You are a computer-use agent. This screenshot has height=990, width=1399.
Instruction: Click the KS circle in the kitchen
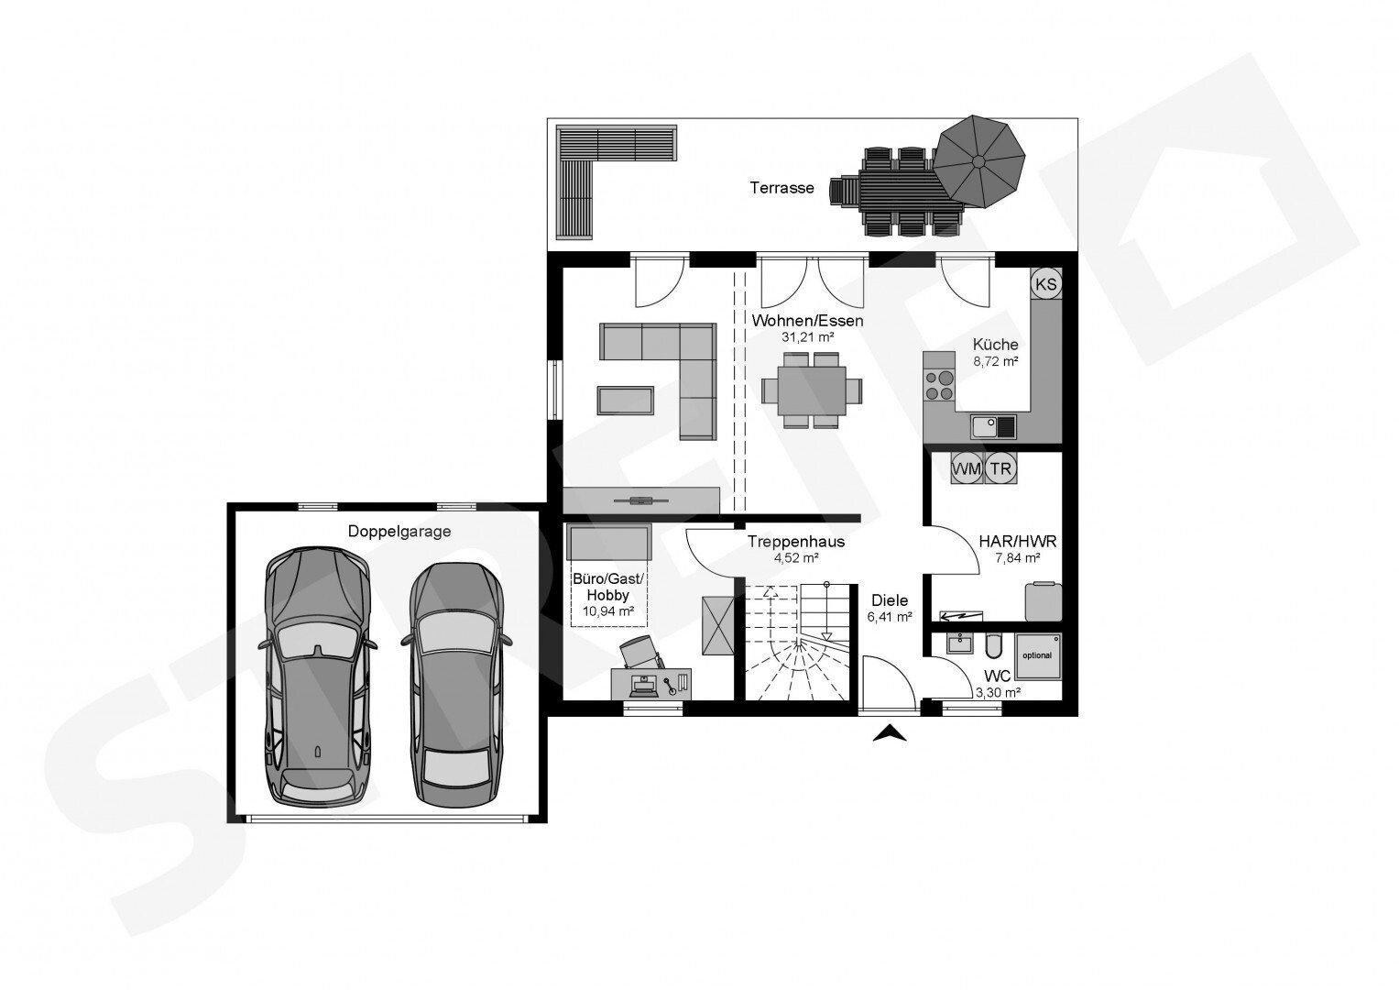[1045, 284]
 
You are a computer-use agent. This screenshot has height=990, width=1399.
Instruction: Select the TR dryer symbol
[1001, 468]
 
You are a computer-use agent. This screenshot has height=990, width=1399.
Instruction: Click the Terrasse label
[781, 188]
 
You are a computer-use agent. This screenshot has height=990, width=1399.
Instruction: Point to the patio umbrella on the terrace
[978, 160]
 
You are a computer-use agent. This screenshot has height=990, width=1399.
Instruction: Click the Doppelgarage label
[399, 531]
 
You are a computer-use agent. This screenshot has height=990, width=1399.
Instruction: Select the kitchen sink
[993, 425]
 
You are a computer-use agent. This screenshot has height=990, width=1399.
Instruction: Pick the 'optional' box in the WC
[1037, 654]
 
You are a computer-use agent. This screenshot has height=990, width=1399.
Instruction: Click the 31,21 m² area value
[807, 337]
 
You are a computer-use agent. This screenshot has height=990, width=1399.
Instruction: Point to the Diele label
[890, 600]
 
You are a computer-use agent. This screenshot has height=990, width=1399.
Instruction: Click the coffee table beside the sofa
[625, 401]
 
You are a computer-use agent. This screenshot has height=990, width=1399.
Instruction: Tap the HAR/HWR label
[1019, 542]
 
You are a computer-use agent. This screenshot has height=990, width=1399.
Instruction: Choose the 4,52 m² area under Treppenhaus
[795, 556]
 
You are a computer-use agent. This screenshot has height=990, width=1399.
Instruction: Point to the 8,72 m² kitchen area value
[996, 361]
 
